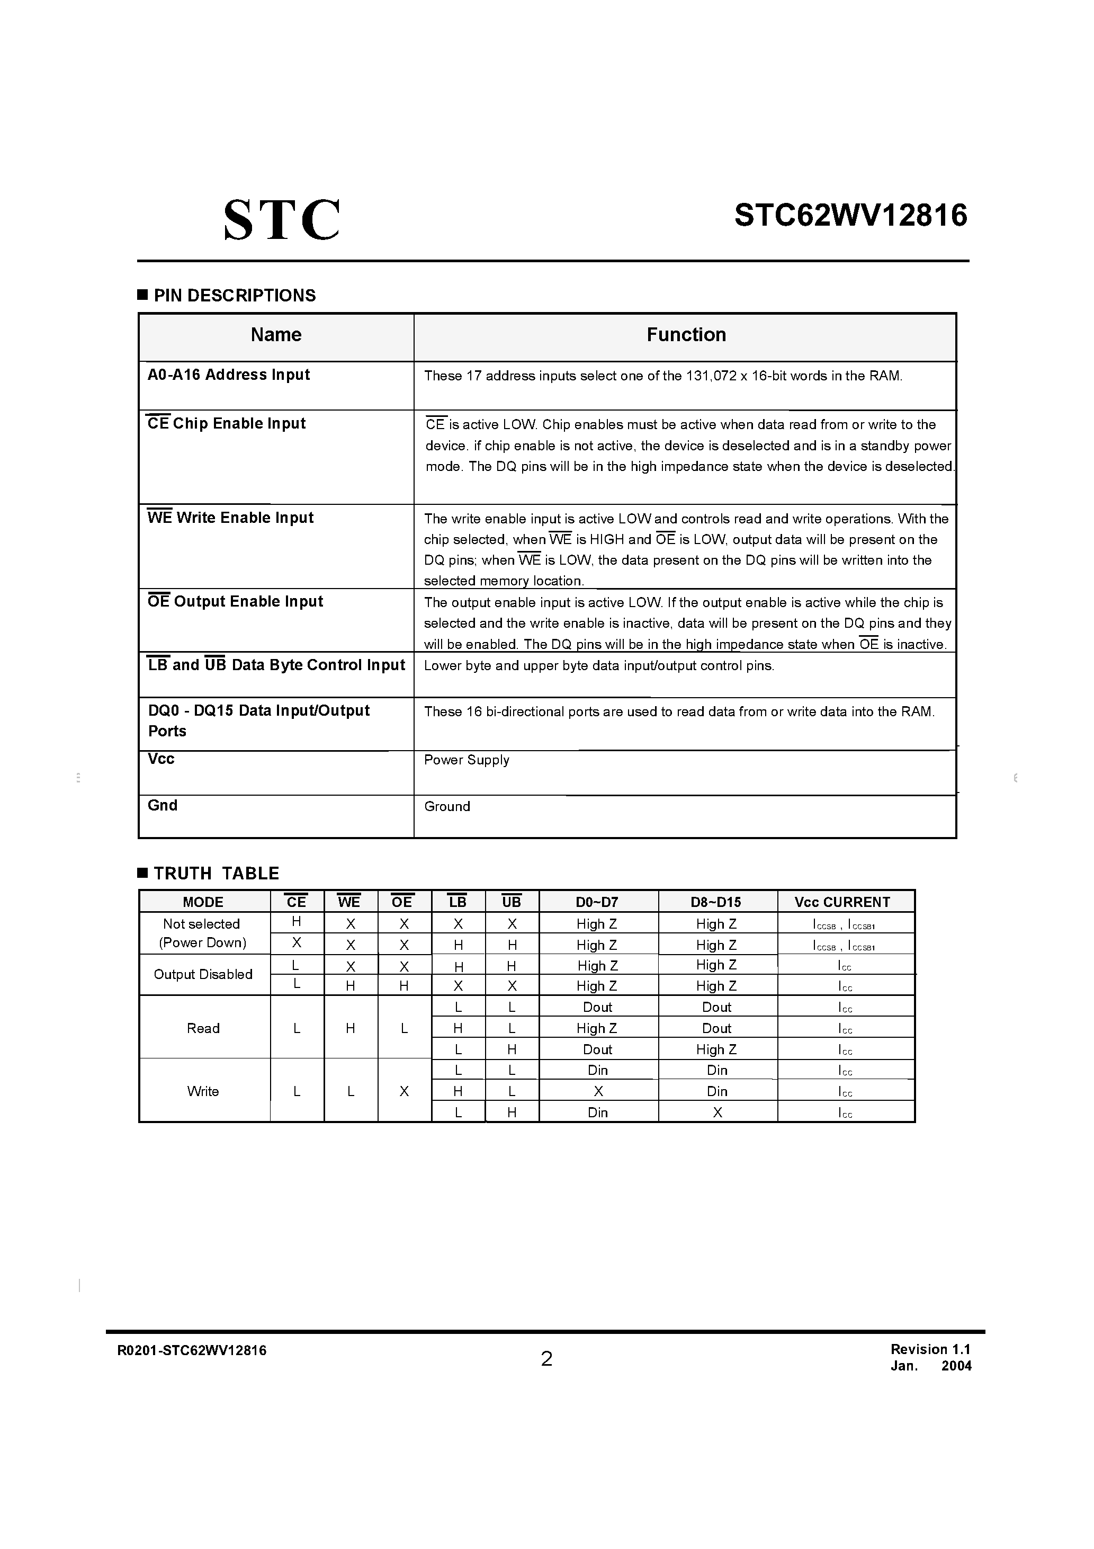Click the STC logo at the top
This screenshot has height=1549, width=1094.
pyautogui.click(x=281, y=220)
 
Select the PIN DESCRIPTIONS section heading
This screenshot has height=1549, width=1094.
pyautogui.click(x=234, y=296)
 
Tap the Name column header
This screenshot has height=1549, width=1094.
pyautogui.click(x=276, y=335)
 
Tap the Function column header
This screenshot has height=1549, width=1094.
pyautogui.click(x=686, y=335)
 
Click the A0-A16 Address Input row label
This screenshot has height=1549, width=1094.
pyautogui.click(x=229, y=375)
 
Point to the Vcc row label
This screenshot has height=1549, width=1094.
pyautogui.click(x=161, y=759)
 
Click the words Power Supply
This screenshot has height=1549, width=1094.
pyautogui.click(x=466, y=760)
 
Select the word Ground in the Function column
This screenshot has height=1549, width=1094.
pyautogui.click(x=446, y=807)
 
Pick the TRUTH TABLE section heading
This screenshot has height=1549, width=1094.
pyautogui.click(x=216, y=874)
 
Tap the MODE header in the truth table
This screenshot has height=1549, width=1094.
pyautogui.click(x=203, y=903)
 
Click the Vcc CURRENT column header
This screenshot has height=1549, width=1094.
pyautogui.click(x=842, y=903)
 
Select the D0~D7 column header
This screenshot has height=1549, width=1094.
pyautogui.click(x=597, y=903)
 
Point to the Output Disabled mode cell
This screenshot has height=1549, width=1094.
pyautogui.click(x=203, y=975)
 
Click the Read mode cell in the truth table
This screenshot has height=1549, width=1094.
pyautogui.click(x=203, y=1029)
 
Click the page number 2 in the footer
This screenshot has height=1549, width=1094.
pyautogui.click(x=546, y=1359)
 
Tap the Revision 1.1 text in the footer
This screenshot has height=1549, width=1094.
pyautogui.click(x=929, y=1349)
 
